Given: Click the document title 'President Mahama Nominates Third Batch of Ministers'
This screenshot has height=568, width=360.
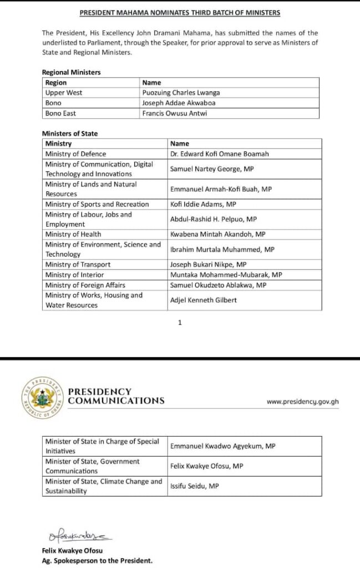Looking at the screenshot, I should point(180,12).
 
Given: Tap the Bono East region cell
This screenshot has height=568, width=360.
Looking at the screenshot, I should point(61,113).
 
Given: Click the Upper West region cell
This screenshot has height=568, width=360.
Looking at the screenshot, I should point(64,93).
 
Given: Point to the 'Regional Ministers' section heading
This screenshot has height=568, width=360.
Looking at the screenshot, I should point(72,72).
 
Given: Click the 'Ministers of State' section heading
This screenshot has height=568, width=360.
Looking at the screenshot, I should point(70,134).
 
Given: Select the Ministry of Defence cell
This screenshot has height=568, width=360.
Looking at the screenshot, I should point(75,154).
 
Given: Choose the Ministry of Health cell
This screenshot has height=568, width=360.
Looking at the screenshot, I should point(73,234).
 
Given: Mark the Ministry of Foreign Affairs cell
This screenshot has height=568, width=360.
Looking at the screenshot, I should point(83,285).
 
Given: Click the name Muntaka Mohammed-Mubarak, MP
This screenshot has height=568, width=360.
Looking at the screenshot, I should point(226,275).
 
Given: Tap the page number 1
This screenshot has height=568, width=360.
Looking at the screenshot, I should point(180,322).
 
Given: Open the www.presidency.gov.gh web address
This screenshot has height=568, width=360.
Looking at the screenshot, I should point(302,402).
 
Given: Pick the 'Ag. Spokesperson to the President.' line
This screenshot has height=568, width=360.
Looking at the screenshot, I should point(97,560).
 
